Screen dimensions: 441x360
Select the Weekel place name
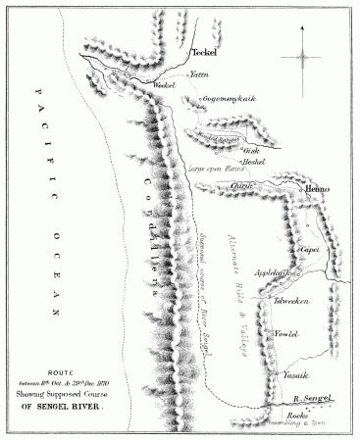point(163,86)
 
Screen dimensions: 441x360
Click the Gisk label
point(250,150)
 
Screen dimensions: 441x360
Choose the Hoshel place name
point(255,163)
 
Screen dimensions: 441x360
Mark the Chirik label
point(243,185)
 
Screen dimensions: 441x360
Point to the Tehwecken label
point(292,299)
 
